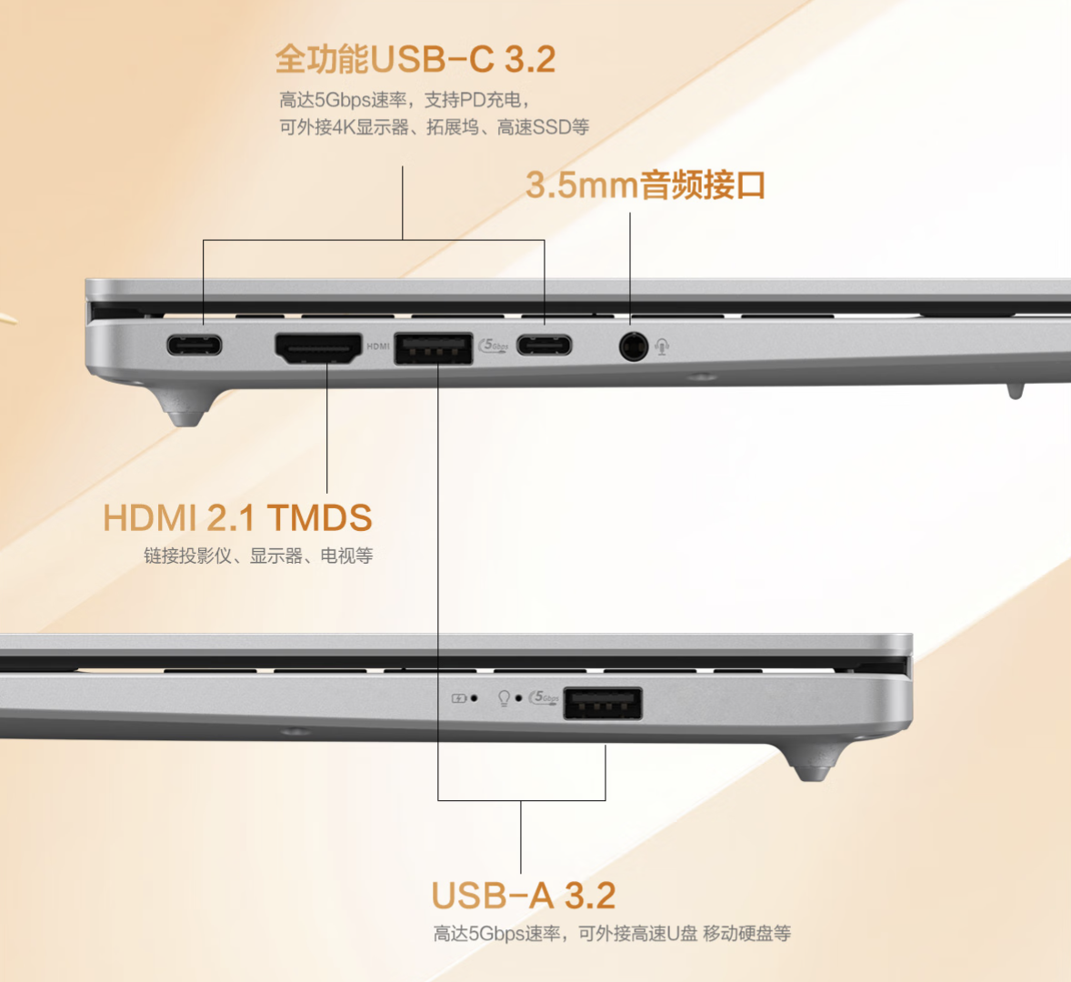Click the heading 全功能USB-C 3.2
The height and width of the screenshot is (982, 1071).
pyautogui.click(x=415, y=59)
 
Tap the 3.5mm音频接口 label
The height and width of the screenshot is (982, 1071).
pyautogui.click(x=646, y=185)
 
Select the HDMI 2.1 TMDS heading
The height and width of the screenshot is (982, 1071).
pyautogui.click(x=237, y=517)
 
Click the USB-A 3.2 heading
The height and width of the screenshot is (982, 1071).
pyautogui.click(x=524, y=896)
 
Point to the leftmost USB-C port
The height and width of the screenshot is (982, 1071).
pyautogui.click(x=195, y=345)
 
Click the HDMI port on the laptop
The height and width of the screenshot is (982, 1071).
pyautogui.click(x=318, y=347)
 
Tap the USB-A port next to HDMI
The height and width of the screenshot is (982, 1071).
pyautogui.click(x=434, y=347)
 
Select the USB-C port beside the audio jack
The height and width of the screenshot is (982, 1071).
pyautogui.click(x=545, y=346)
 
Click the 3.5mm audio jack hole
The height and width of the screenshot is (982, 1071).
pyautogui.click(x=633, y=347)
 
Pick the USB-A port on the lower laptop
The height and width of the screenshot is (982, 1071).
pyautogui.click(x=603, y=703)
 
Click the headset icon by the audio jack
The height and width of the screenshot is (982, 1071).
pyautogui.click(x=662, y=347)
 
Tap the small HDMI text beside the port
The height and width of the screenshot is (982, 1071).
pyautogui.click(x=377, y=346)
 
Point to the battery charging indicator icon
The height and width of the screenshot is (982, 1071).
pyautogui.click(x=459, y=698)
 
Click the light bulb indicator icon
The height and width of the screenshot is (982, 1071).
pyautogui.click(x=504, y=698)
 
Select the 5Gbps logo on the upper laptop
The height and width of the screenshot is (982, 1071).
pyautogui.click(x=494, y=346)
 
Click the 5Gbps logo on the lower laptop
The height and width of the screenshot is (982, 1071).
pyautogui.click(x=544, y=697)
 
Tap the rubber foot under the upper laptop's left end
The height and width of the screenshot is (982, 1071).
pyautogui.click(x=185, y=407)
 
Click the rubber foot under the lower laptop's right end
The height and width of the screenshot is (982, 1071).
pyautogui.click(x=812, y=761)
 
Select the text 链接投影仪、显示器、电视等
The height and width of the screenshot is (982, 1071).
pyautogui.click(x=258, y=556)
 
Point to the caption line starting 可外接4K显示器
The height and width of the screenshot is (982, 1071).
pyautogui.click(x=434, y=127)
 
